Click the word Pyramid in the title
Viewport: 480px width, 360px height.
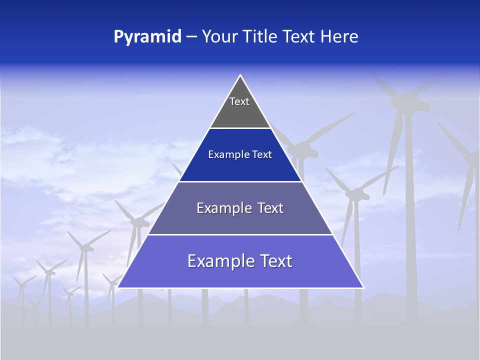tap(147, 36)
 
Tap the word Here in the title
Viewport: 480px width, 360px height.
tap(339, 36)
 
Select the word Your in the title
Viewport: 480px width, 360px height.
tap(218, 36)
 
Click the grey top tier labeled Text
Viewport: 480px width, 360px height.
tap(239, 107)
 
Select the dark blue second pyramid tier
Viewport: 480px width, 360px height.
tap(240, 155)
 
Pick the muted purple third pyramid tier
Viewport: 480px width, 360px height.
tap(240, 208)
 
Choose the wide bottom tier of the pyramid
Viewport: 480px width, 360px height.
tap(240, 261)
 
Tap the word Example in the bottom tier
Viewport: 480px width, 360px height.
tap(219, 261)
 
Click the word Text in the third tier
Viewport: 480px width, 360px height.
tap(270, 208)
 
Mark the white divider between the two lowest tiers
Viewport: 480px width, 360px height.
tap(240, 234)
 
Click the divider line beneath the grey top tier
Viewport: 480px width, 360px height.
tap(240, 128)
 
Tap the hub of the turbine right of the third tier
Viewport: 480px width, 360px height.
tap(355, 193)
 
